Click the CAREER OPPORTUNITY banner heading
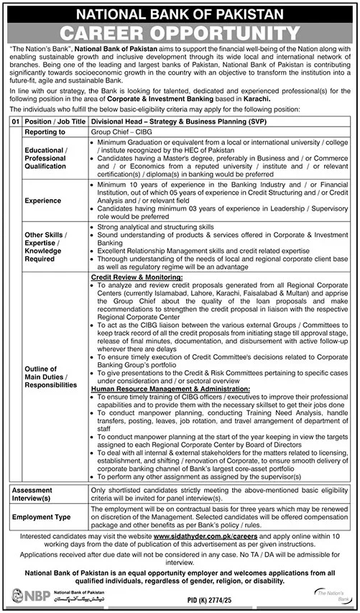pyautogui.click(x=180, y=32)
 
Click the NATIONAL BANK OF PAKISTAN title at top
pyautogui.click(x=180, y=11)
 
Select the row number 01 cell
pyautogui.click(x=12, y=123)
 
